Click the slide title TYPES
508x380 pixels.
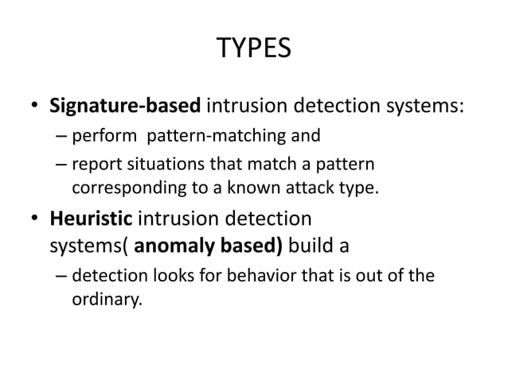coord(254,50)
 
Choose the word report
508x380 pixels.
coord(92,166)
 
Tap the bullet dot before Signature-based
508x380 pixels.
coord(36,107)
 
